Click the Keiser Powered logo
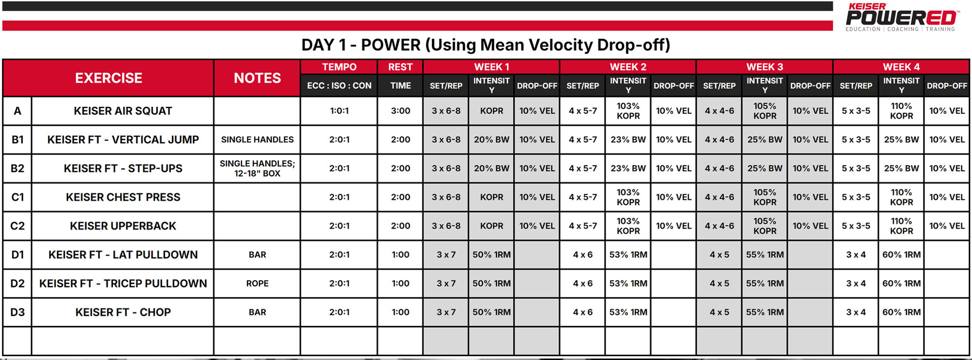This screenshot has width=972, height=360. pyautogui.click(x=902, y=17)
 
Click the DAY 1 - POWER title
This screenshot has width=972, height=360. pyautogui.click(x=486, y=45)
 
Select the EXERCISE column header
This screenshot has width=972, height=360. pyautogui.click(x=108, y=78)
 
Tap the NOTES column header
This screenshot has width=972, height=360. pyautogui.click(x=257, y=78)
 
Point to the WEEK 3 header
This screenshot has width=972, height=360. pyautogui.click(x=764, y=67)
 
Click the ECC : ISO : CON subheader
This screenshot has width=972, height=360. pyautogui.click(x=339, y=86)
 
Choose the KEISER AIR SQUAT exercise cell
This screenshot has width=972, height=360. pyautogui.click(x=123, y=111)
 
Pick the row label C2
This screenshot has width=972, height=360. pyautogui.click(x=17, y=226)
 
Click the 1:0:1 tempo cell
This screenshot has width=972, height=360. pyautogui.click(x=339, y=111)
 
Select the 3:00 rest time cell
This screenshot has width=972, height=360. pyautogui.click(x=400, y=111)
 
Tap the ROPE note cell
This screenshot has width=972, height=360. pyautogui.click(x=257, y=284)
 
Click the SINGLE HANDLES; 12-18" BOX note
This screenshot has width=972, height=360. pyautogui.click(x=257, y=169)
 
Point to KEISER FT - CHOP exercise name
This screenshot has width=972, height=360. pyautogui.click(x=123, y=312)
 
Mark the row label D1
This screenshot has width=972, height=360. pyautogui.click(x=17, y=255)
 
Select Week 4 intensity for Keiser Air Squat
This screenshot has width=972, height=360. pyautogui.click(x=901, y=111)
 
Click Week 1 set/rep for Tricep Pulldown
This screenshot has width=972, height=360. pyautogui.click(x=446, y=284)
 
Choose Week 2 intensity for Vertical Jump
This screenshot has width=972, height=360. pyautogui.click(x=628, y=140)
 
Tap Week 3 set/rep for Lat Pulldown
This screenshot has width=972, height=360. pyautogui.click(x=719, y=255)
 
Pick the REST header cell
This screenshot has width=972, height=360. pyautogui.click(x=400, y=67)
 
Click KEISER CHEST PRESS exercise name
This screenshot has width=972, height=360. pyautogui.click(x=123, y=197)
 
